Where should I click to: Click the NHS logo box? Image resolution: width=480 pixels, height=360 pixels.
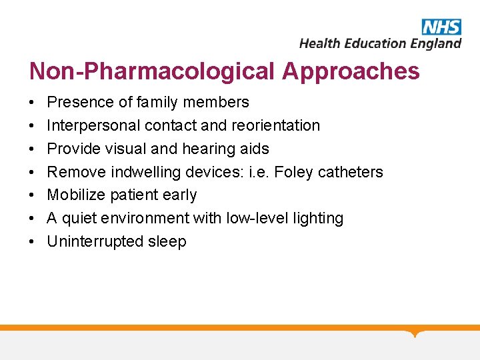pyautogui.click(x=441, y=27)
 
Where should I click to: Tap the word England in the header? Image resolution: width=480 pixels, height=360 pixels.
pyautogui.click(x=435, y=44)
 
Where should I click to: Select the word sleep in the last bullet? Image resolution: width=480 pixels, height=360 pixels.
pyautogui.click(x=168, y=241)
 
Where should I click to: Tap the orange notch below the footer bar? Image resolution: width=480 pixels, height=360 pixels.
pyautogui.click(x=415, y=333)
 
